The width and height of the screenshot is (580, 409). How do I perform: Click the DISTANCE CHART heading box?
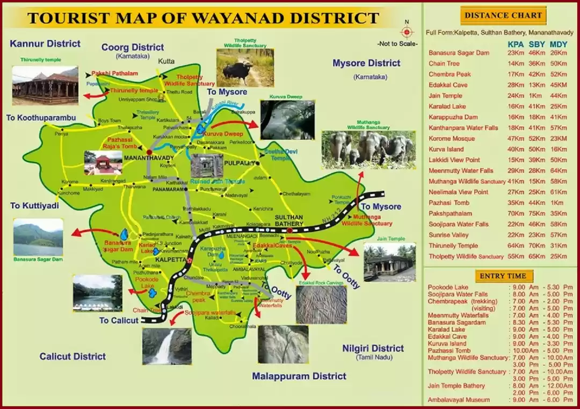click(x=503, y=16)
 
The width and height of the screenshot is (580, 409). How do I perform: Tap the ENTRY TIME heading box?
click(x=503, y=276)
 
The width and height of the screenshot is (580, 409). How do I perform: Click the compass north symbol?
click(x=407, y=32)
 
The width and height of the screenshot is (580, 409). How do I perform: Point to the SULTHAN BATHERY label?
click(x=289, y=219)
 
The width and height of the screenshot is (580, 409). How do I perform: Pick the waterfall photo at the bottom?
click(x=166, y=346)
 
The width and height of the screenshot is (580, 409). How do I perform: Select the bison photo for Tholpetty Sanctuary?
click(x=245, y=68)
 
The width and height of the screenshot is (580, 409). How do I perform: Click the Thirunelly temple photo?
click(x=45, y=85)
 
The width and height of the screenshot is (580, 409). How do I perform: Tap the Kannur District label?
click(x=45, y=44)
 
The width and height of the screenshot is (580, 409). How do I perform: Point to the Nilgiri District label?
click(x=373, y=348)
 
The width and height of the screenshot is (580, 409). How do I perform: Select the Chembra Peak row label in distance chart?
click(x=450, y=74)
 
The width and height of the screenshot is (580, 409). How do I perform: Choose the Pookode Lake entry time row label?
click(x=447, y=288)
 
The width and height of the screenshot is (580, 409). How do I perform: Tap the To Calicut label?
click(x=119, y=321)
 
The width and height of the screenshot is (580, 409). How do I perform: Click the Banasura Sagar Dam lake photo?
click(x=38, y=236)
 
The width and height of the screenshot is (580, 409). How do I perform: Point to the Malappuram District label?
click(x=299, y=376)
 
